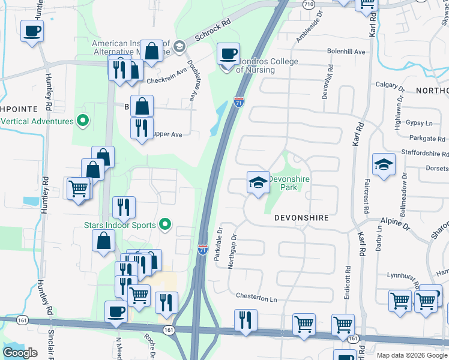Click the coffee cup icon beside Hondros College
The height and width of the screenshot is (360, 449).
(228, 53)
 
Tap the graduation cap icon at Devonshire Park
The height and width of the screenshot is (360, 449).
(258, 182)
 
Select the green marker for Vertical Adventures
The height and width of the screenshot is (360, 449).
(83, 121)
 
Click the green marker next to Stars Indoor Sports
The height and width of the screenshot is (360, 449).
(166, 226)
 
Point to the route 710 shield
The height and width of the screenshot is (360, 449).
(308, 4)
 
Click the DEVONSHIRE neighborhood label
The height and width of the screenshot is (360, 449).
(301, 218)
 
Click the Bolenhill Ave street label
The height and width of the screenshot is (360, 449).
(346, 52)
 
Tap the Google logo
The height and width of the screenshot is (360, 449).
(20, 353)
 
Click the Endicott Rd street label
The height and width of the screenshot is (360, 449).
(348, 277)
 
